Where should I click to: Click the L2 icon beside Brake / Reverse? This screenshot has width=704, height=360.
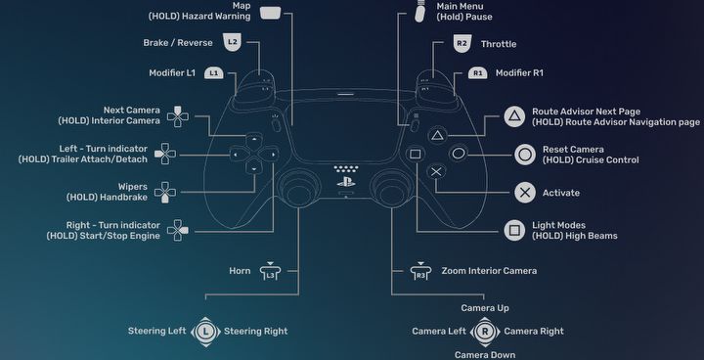232,42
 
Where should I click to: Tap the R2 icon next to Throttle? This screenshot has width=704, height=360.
462,44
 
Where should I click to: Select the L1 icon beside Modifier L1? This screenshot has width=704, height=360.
214,72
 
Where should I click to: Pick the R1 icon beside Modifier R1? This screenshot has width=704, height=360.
478,72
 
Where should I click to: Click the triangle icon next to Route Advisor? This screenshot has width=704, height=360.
514,116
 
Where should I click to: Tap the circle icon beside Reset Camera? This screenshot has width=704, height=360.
525,155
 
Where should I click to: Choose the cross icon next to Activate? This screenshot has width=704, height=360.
525,193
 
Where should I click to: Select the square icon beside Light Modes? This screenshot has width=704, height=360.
514,231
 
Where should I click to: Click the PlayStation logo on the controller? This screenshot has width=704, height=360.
346,183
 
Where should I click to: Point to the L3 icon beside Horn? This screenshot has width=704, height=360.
270,271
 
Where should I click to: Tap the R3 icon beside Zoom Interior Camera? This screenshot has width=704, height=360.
420,271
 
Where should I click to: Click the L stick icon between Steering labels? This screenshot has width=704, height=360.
205,332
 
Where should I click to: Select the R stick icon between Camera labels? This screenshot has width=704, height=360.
485,332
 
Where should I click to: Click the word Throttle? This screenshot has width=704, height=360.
499,44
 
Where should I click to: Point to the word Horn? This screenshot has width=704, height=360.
240,271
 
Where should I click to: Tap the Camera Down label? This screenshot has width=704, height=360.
485,354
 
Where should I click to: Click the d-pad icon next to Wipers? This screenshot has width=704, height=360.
165,193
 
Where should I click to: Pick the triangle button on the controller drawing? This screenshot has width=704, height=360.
438,136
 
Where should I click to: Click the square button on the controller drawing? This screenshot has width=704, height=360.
416,155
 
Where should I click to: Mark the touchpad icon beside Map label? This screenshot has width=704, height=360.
270,12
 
